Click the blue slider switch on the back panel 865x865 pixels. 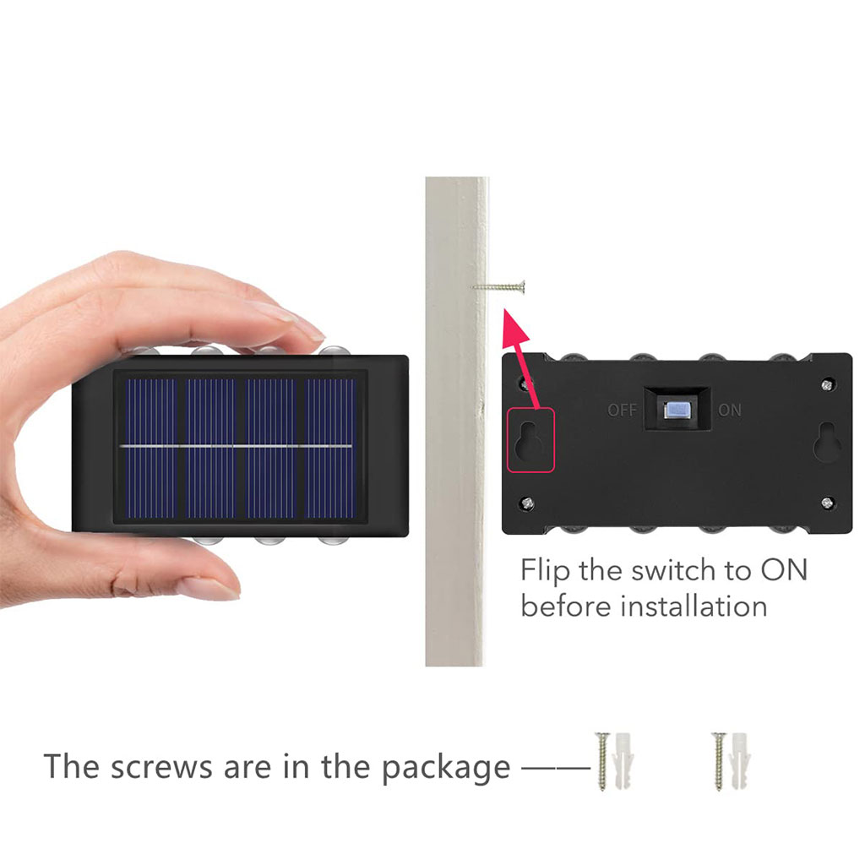[677, 410]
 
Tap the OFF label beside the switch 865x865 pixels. [623, 411]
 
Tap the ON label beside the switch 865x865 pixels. [729, 411]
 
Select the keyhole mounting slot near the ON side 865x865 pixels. [828, 440]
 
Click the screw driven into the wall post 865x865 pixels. [498, 287]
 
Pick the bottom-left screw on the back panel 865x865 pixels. [526, 503]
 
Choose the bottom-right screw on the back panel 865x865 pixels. [827, 503]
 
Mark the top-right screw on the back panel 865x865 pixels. [827, 384]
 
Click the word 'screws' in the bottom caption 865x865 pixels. [161, 767]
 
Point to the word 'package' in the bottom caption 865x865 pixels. [446, 769]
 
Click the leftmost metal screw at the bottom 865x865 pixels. [603, 761]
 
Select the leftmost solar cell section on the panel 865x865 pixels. [151, 449]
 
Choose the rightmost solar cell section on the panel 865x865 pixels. [330, 449]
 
